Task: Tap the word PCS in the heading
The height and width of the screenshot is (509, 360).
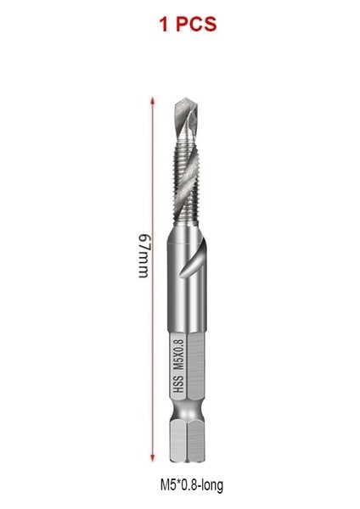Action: (196, 25)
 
